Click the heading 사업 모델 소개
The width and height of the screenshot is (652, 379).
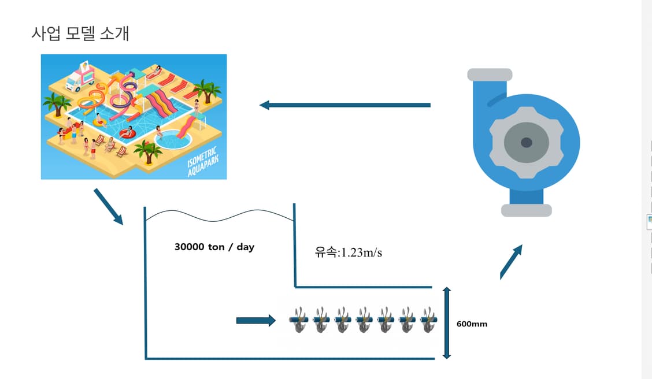[x=80, y=34]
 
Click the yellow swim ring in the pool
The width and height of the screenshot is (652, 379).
[x=99, y=122]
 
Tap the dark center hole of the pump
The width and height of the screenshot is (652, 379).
[x=526, y=142]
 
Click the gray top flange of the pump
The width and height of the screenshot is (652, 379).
[x=490, y=75]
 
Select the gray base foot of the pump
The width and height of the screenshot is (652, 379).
[x=526, y=210]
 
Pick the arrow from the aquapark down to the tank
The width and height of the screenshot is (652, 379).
[x=109, y=206]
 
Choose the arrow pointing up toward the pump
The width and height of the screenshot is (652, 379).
[x=511, y=262]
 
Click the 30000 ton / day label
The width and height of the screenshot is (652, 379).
[x=214, y=247]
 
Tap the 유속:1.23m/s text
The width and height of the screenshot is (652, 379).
[x=349, y=252]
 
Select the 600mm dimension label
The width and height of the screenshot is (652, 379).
[x=472, y=324]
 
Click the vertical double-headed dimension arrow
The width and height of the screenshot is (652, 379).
[x=446, y=323]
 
